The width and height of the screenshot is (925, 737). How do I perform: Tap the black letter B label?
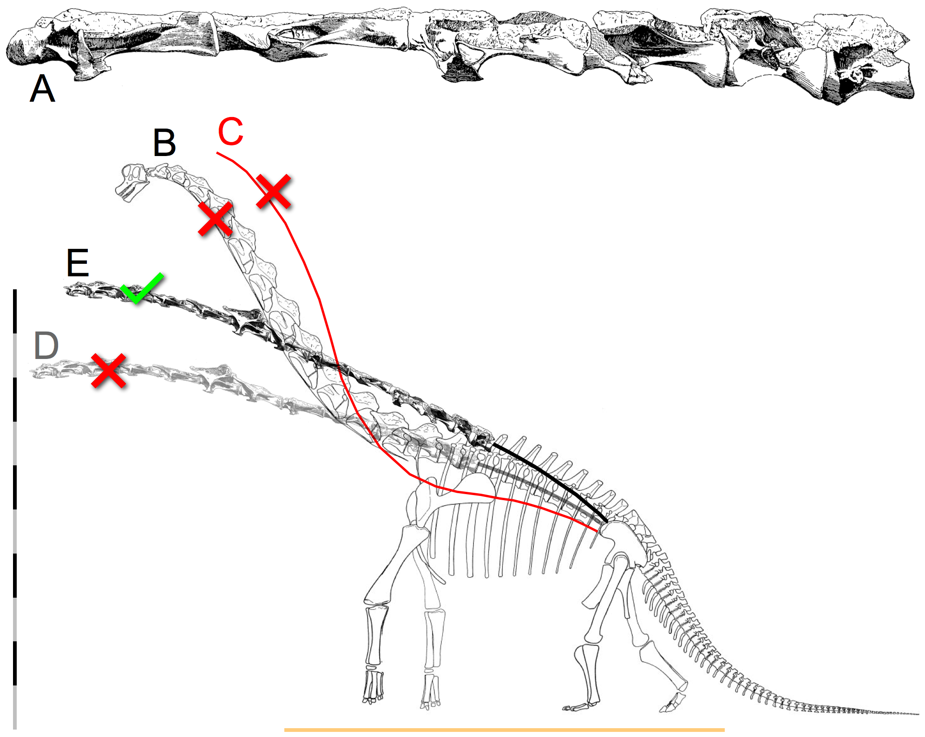(164, 143)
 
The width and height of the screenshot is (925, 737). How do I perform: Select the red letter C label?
(230, 131)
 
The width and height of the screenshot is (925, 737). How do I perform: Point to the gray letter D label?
(46, 346)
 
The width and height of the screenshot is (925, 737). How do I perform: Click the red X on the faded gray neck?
(108, 371)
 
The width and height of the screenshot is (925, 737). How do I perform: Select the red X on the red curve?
(274, 191)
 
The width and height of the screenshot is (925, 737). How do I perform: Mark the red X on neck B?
(215, 218)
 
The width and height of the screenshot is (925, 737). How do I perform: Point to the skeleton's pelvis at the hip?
(618, 539)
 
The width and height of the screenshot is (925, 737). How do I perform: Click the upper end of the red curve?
(217, 153)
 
